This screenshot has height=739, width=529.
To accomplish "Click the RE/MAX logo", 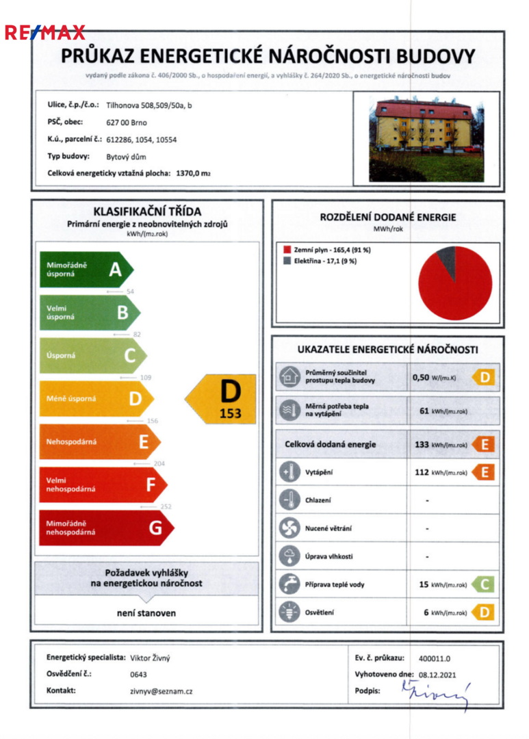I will tap(45, 32).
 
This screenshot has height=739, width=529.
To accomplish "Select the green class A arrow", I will tap(85, 270).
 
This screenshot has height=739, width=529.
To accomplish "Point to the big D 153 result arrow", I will tap(222, 399).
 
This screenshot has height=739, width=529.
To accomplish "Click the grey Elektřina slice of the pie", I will tap(446, 259).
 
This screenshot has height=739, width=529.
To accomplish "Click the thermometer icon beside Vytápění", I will tap(287, 471).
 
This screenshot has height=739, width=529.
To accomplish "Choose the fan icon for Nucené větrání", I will tap(287, 528).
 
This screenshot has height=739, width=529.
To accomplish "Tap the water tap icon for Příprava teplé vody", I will tap(287, 584).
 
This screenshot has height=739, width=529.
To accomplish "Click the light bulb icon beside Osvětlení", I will tap(287, 612).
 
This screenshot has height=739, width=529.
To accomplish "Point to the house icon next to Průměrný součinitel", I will tap(287, 376).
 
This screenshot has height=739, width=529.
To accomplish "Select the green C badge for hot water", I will tap(483, 584).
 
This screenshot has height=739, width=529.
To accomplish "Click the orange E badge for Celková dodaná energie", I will tap(483, 444).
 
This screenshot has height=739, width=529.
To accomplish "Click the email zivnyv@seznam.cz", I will tap(161, 691).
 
